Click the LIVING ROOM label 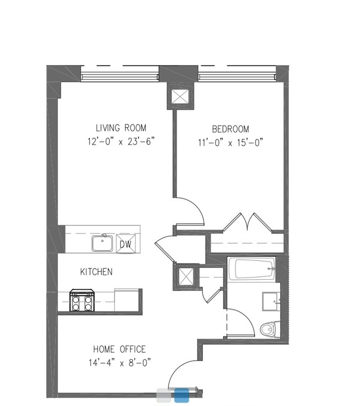click(121, 128)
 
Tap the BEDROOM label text click(230, 129)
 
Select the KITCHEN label click(96, 272)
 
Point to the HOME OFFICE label click(119, 349)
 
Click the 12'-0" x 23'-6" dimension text click(121, 142)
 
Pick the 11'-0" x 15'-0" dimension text click(230, 143)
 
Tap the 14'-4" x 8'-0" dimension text click(120, 362)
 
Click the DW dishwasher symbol click(126, 244)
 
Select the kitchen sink click(102, 243)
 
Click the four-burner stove click(82, 300)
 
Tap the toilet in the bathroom click(270, 329)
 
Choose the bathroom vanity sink click(271, 302)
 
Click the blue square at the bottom click(181, 395)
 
